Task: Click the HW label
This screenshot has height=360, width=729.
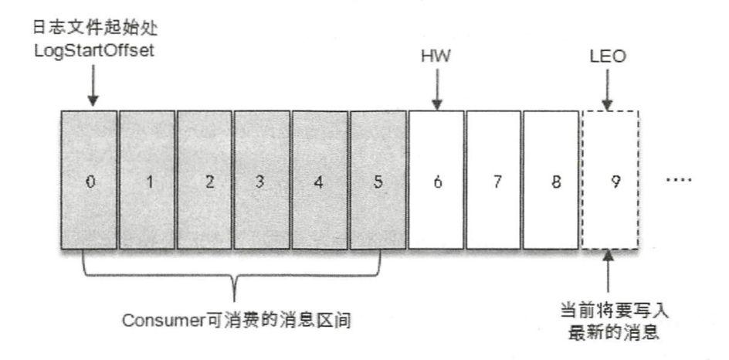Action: pos(436,59)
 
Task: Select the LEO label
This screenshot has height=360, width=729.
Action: pos(610,59)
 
